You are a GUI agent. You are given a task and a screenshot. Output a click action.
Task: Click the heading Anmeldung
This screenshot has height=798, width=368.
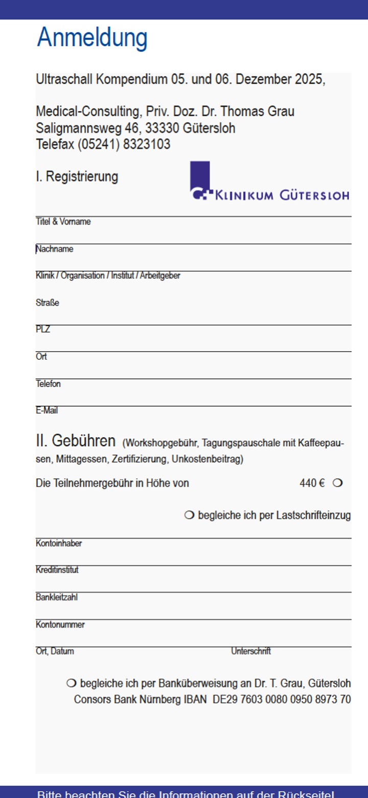tap(92, 38)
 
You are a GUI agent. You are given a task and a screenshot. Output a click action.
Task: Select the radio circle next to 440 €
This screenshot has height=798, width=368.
tap(337, 483)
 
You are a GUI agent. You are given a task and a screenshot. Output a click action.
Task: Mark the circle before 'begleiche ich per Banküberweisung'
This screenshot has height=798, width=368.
tap(72, 683)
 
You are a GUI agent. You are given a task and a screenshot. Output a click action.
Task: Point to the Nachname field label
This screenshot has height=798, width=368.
tap(54, 249)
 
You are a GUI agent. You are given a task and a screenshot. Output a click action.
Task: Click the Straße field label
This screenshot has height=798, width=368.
tap(48, 303)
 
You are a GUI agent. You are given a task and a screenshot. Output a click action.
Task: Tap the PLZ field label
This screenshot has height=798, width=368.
tap(43, 330)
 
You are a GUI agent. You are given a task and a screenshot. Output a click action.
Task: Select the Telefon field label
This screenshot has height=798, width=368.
tap(48, 384)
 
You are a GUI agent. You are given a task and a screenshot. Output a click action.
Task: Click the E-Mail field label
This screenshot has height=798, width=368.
tap(47, 411)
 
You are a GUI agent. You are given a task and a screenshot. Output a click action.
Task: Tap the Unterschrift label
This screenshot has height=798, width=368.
tap(250, 652)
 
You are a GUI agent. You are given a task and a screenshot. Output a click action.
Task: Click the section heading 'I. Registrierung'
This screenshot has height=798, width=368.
tap(77, 177)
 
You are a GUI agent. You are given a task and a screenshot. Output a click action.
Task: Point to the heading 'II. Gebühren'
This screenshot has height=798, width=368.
tap(76, 441)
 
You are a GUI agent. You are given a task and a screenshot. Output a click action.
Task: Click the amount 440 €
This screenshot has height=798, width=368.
tap(312, 483)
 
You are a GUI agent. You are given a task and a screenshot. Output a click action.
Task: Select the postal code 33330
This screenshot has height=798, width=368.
tap(162, 128)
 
